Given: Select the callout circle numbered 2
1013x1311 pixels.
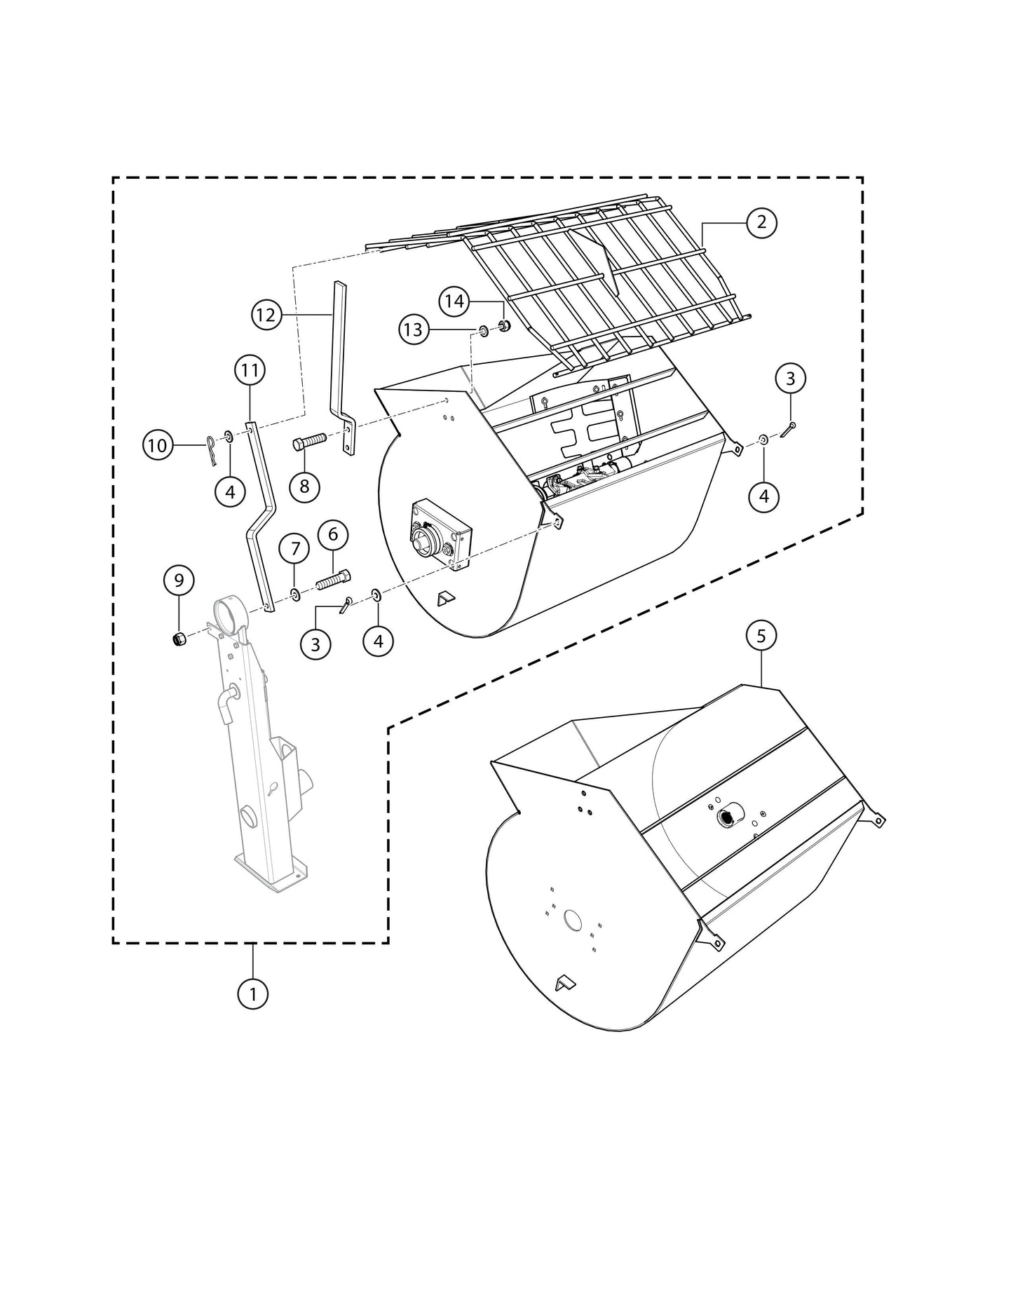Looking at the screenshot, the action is click(x=761, y=222).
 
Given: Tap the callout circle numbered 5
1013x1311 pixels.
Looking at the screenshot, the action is click(x=761, y=636).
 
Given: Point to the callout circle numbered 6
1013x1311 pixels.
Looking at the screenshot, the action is click(x=333, y=534).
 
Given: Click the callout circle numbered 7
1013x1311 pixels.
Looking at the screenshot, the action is click(x=294, y=548).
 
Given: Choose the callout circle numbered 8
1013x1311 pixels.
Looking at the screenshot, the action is click(x=304, y=486).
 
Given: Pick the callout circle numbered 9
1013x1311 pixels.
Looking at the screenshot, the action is click(x=179, y=580).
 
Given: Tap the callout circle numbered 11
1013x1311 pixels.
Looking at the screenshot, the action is click(x=250, y=370).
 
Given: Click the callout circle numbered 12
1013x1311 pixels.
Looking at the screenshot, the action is click(x=266, y=315).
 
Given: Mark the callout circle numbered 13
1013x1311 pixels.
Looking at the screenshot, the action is click(x=414, y=329).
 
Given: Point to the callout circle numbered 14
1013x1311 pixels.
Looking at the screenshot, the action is click(x=454, y=301).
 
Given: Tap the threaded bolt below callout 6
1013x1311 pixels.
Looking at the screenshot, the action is click(x=333, y=580).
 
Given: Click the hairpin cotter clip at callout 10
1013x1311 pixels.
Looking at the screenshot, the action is click(x=212, y=449).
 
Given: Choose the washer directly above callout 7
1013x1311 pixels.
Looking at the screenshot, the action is click(x=295, y=595).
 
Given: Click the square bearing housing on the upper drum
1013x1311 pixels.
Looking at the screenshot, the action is click(x=441, y=534).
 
